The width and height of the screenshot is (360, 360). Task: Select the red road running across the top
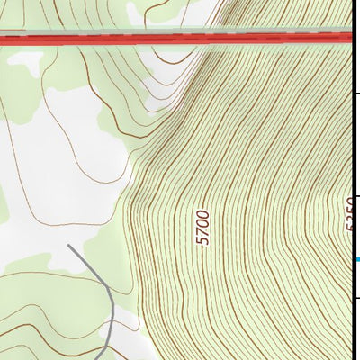[x=180, y=39]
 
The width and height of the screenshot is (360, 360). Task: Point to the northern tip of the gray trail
[x=69, y=244]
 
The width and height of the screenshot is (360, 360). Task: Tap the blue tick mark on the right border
[x=357, y=260]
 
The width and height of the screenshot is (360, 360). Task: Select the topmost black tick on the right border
[x=357, y=93]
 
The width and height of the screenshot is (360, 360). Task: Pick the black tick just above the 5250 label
[x=357, y=196]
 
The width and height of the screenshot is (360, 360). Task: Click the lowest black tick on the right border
[x=357, y=300]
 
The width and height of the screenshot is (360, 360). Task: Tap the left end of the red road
[x=3, y=40]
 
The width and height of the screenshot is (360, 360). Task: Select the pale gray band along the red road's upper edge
[x=180, y=31]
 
